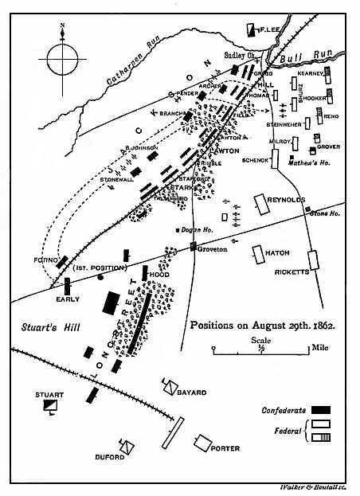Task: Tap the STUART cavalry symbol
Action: [x=50, y=407]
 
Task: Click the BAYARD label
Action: [x=193, y=393]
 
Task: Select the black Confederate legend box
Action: [x=320, y=410]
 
